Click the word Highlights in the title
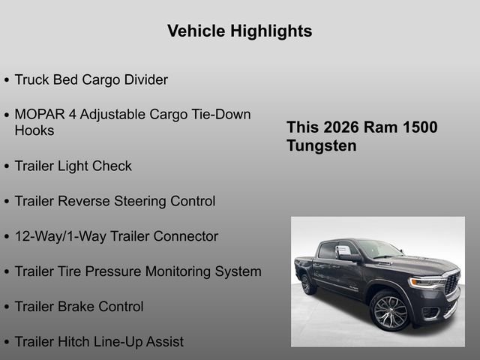[x=272, y=31]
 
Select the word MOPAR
[x=40, y=115]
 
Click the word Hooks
[x=34, y=130]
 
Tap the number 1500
[x=418, y=127]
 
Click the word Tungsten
[x=322, y=145]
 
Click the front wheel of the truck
[x=390, y=310]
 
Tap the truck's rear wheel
[x=307, y=283]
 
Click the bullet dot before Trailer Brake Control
[x=7, y=307]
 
